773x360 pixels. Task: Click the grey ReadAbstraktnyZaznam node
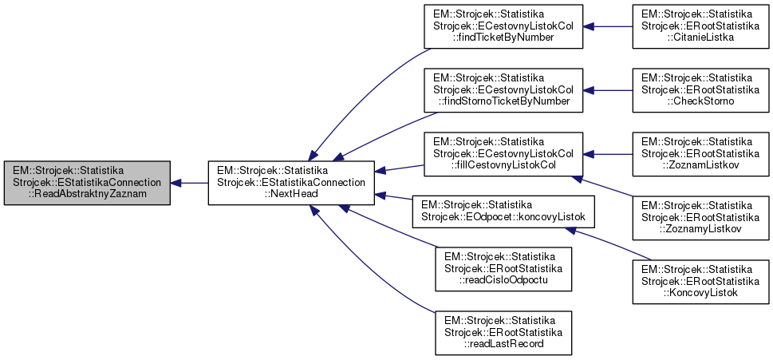point(87,183)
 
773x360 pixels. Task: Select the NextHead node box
point(291,183)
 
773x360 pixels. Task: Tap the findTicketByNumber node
point(503,26)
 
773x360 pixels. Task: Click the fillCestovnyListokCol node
point(503,152)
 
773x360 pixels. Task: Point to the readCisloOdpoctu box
point(503,268)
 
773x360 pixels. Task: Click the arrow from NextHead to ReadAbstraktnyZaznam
point(190,183)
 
